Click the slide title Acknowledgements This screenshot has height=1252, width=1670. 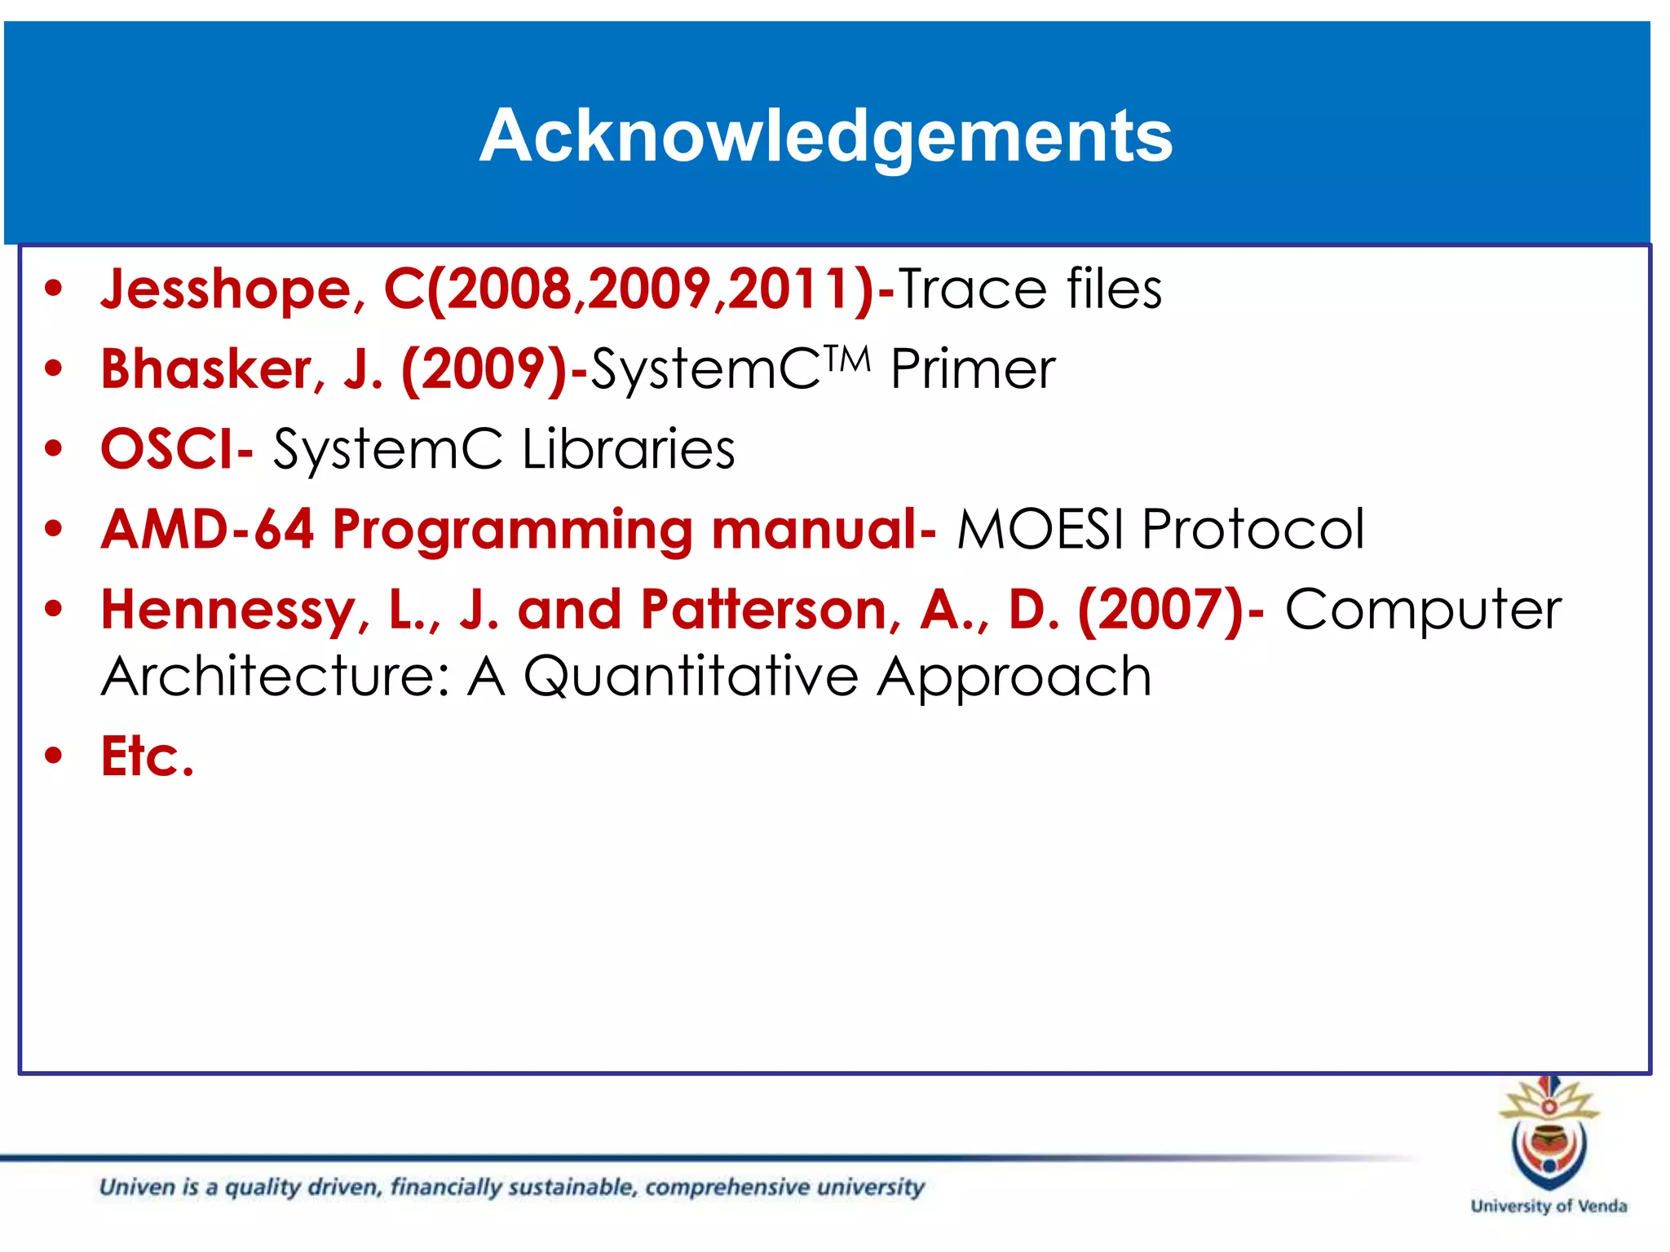coord(825,135)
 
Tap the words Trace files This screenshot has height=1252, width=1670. coord(1030,289)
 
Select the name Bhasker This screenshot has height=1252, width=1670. coord(205,369)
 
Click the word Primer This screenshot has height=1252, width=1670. coord(972,369)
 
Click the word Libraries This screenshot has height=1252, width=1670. coord(628,449)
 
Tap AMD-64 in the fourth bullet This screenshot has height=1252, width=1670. coord(207,529)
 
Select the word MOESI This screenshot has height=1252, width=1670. coord(1043,529)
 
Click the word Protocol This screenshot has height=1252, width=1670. coord(1252,529)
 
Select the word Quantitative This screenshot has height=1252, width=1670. coord(690,677)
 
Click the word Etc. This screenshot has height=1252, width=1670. coord(148,756)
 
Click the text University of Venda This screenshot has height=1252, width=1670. coord(1548,1206)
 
